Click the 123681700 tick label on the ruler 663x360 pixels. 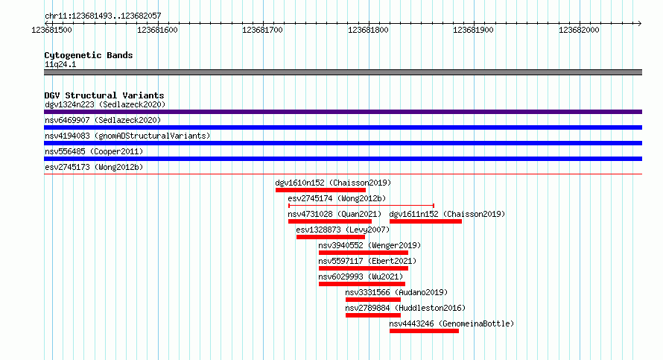tap(262, 30)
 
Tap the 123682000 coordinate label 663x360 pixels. tap(579, 30)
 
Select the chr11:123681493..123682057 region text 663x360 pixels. tap(103, 16)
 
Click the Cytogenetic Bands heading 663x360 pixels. tap(89, 55)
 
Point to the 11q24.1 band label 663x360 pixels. tap(60, 64)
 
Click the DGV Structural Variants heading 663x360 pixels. tap(104, 95)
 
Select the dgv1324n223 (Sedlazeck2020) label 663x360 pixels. tap(105, 104)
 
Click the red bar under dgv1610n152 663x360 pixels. tap(320, 190)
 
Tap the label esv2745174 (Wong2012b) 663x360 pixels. tap(337, 198)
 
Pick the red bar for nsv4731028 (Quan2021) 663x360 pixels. tap(330, 221)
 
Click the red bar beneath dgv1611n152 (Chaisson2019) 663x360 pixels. tap(425, 221)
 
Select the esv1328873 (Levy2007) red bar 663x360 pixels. tap(331, 237)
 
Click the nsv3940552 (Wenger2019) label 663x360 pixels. tap(369, 245)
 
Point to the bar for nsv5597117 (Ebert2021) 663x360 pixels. tap(364, 268)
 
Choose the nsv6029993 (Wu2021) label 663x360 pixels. tap(361, 277)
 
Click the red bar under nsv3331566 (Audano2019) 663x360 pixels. tap(373, 300)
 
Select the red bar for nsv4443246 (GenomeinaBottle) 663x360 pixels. tap(424, 331)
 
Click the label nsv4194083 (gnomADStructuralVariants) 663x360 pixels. tap(127, 136)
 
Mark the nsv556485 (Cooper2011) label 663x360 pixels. tap(94, 151)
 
